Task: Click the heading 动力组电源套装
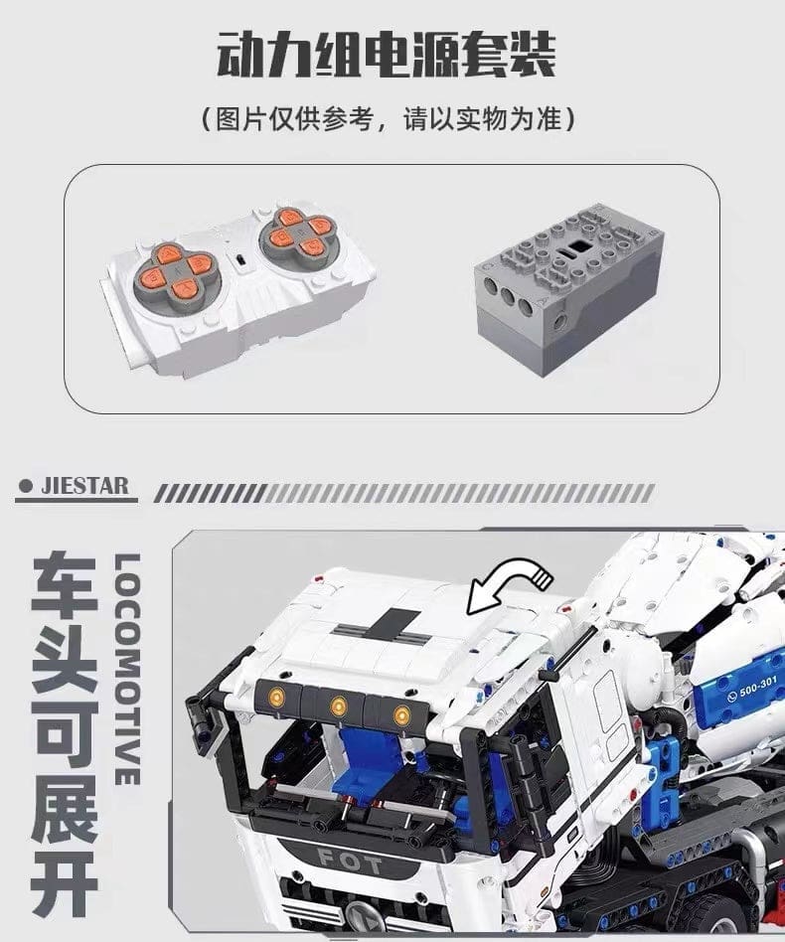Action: [x=387, y=56]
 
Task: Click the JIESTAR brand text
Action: [x=84, y=486]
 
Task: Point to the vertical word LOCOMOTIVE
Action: [x=127, y=670]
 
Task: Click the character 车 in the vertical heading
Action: [x=65, y=585]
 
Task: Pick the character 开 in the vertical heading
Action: [x=65, y=885]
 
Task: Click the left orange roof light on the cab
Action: [x=277, y=697]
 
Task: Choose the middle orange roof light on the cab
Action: [x=339, y=705]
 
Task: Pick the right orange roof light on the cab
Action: [x=401, y=714]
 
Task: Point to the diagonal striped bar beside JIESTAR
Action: [x=403, y=493]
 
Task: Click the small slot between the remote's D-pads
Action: [x=240, y=260]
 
